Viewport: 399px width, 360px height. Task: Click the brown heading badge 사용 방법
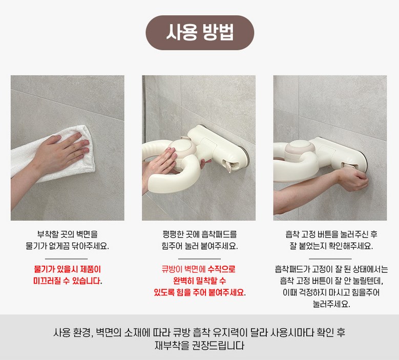tap(200, 33)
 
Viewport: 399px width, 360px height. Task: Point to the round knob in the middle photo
tap(182, 148)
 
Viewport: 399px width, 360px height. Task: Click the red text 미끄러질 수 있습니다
tap(68, 281)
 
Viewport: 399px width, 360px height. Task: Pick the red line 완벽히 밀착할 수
tap(199, 281)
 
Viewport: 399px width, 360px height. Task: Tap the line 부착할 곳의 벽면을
tap(68, 234)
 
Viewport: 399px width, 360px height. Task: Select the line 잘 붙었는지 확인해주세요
tap(331, 246)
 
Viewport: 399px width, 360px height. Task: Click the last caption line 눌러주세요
tap(331, 304)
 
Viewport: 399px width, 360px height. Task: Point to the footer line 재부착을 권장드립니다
tap(200, 346)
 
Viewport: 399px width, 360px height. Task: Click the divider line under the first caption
tap(67, 259)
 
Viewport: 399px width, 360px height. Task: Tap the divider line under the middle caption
tap(199, 259)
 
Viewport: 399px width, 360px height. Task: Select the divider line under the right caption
tap(330, 259)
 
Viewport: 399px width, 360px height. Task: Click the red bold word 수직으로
tap(221, 269)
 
